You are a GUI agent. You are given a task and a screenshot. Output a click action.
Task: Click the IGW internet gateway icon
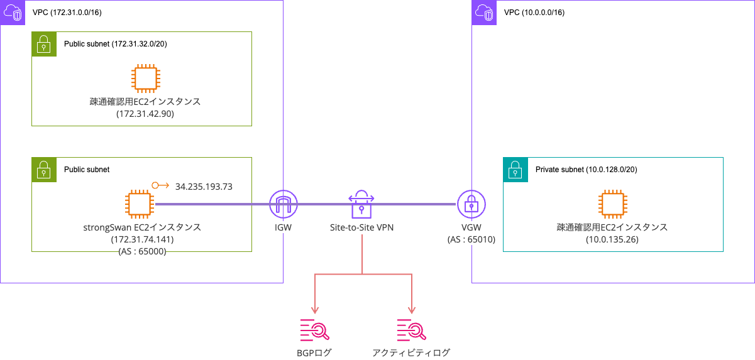[283, 204]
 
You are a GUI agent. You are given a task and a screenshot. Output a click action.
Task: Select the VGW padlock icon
[471, 204]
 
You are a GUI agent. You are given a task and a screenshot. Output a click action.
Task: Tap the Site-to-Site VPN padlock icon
[361, 204]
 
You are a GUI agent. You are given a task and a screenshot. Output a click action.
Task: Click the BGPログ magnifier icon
[314, 329]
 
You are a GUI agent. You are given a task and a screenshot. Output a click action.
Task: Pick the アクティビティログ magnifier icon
[411, 329]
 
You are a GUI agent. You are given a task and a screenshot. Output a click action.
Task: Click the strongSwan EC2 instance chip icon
[139, 204]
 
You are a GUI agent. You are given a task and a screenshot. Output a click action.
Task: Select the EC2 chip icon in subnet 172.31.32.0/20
[145, 79]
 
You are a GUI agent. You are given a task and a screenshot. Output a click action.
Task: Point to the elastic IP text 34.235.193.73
[204, 187]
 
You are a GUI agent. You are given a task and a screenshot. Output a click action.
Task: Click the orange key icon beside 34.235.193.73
[160, 186]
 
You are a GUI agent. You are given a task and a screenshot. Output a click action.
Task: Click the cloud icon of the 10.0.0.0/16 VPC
[484, 12]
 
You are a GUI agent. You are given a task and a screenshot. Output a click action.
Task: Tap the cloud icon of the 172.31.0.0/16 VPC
[13, 12]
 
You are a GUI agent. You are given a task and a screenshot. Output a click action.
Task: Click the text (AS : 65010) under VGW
[471, 239]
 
